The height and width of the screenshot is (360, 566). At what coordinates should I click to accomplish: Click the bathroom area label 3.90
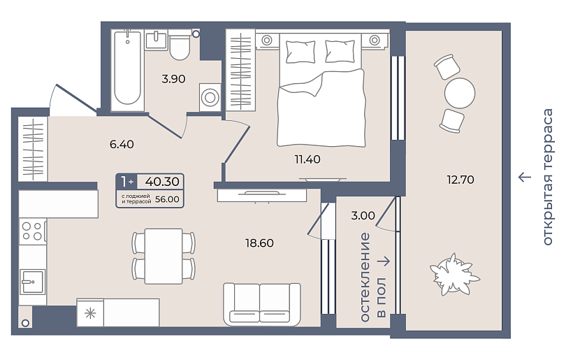pyautogui.click(x=173, y=79)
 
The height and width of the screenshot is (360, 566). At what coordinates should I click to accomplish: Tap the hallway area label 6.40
pyautogui.click(x=122, y=145)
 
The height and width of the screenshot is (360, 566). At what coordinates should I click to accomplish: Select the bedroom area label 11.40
pyautogui.click(x=307, y=159)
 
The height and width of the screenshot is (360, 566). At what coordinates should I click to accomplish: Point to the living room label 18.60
pyautogui.click(x=259, y=243)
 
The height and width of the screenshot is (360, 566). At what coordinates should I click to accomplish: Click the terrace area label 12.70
pyautogui.click(x=460, y=180)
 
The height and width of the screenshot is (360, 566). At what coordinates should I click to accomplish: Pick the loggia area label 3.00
pyautogui.click(x=363, y=215)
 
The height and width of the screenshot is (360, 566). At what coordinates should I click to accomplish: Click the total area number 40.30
pyautogui.click(x=162, y=182)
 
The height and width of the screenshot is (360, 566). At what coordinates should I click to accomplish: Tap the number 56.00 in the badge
pyautogui.click(x=167, y=199)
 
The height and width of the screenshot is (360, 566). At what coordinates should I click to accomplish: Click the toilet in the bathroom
pyautogui.click(x=180, y=48)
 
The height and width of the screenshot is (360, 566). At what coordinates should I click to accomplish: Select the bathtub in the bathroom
pyautogui.click(x=127, y=69)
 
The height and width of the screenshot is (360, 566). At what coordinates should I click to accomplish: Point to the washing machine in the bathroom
pyautogui.click(x=210, y=97)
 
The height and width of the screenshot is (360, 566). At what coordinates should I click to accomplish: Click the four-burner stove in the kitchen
pyautogui.click(x=32, y=231)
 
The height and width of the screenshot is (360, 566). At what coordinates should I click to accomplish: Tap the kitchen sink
pyautogui.click(x=32, y=282)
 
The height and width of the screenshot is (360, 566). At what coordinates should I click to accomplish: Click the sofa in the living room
pyautogui.click(x=262, y=304)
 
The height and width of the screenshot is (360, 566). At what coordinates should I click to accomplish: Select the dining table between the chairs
pyautogui.click(x=164, y=256)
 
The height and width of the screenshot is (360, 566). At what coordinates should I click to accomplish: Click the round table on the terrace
pyautogui.click(x=460, y=93)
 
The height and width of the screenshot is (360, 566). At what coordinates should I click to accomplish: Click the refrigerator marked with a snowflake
pyautogui.click(x=90, y=312)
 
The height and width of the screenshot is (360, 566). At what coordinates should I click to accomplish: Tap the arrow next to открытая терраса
pyautogui.click(x=525, y=177)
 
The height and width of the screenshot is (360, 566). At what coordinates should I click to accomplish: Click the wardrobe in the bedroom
pyautogui.click(x=240, y=71)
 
